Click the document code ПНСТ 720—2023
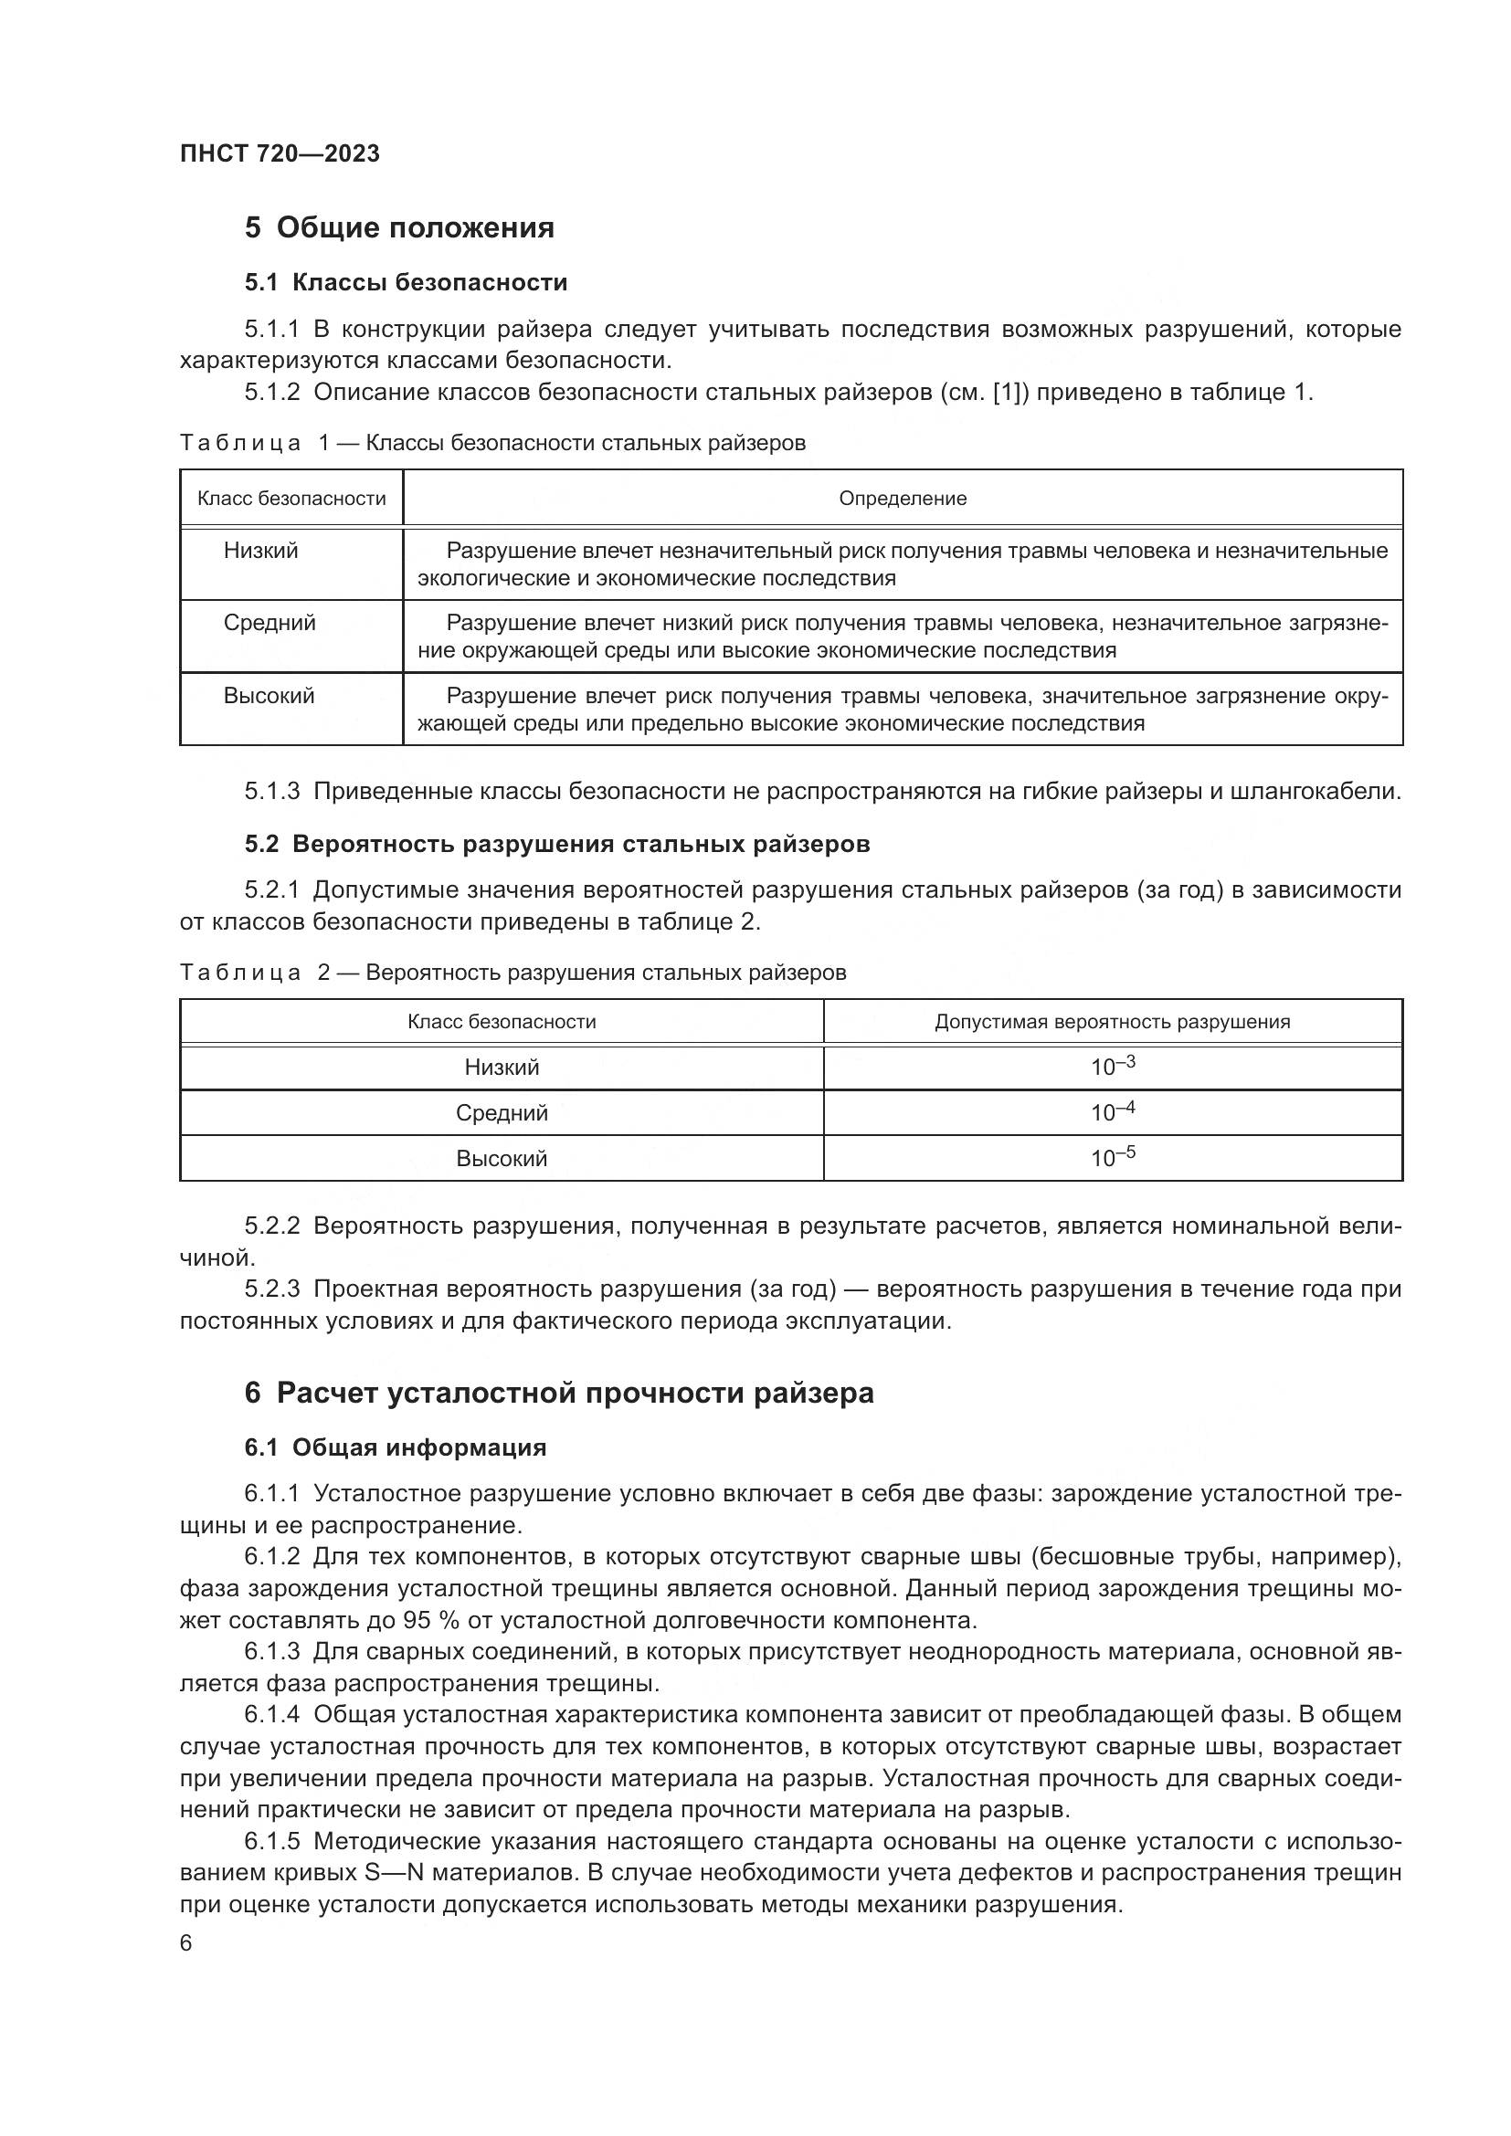280,153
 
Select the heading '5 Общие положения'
399,228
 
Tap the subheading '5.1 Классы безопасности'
406,283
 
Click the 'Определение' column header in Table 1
902,499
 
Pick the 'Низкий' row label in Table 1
260,551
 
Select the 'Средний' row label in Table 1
269,624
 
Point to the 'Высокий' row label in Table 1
269,696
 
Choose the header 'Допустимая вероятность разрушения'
1112,1023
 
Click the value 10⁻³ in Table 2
1113,1066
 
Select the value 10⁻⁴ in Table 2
1113,1111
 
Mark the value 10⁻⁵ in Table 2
1113,1157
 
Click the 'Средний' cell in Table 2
502,1113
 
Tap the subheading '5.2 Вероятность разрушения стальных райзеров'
557,845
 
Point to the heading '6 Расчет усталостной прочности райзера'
559,1394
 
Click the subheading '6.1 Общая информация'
396,1448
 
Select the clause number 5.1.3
271,792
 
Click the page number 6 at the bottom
186,1943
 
